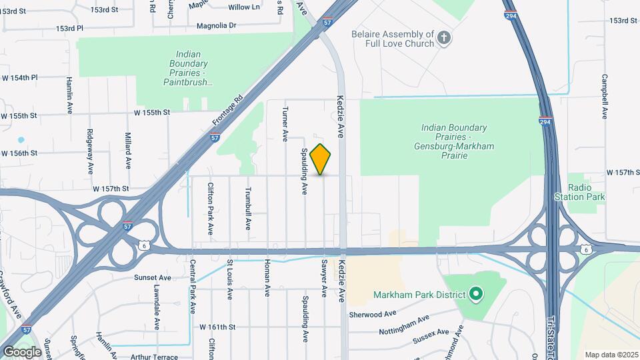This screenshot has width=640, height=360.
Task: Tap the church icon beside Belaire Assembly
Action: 445,39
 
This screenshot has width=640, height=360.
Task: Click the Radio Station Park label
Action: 580,192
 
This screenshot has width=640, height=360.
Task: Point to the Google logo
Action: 22,351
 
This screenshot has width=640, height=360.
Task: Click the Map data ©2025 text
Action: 611,355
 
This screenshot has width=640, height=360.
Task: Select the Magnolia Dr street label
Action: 216,25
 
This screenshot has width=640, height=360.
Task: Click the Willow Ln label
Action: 244,7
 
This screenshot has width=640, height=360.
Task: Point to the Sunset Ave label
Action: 153,277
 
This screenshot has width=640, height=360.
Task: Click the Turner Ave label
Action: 285,124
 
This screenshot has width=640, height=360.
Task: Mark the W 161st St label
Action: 218,327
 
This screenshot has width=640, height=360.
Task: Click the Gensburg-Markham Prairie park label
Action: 454,141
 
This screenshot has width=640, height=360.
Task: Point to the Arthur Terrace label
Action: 155,357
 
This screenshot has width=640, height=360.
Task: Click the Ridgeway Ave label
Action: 90,150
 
